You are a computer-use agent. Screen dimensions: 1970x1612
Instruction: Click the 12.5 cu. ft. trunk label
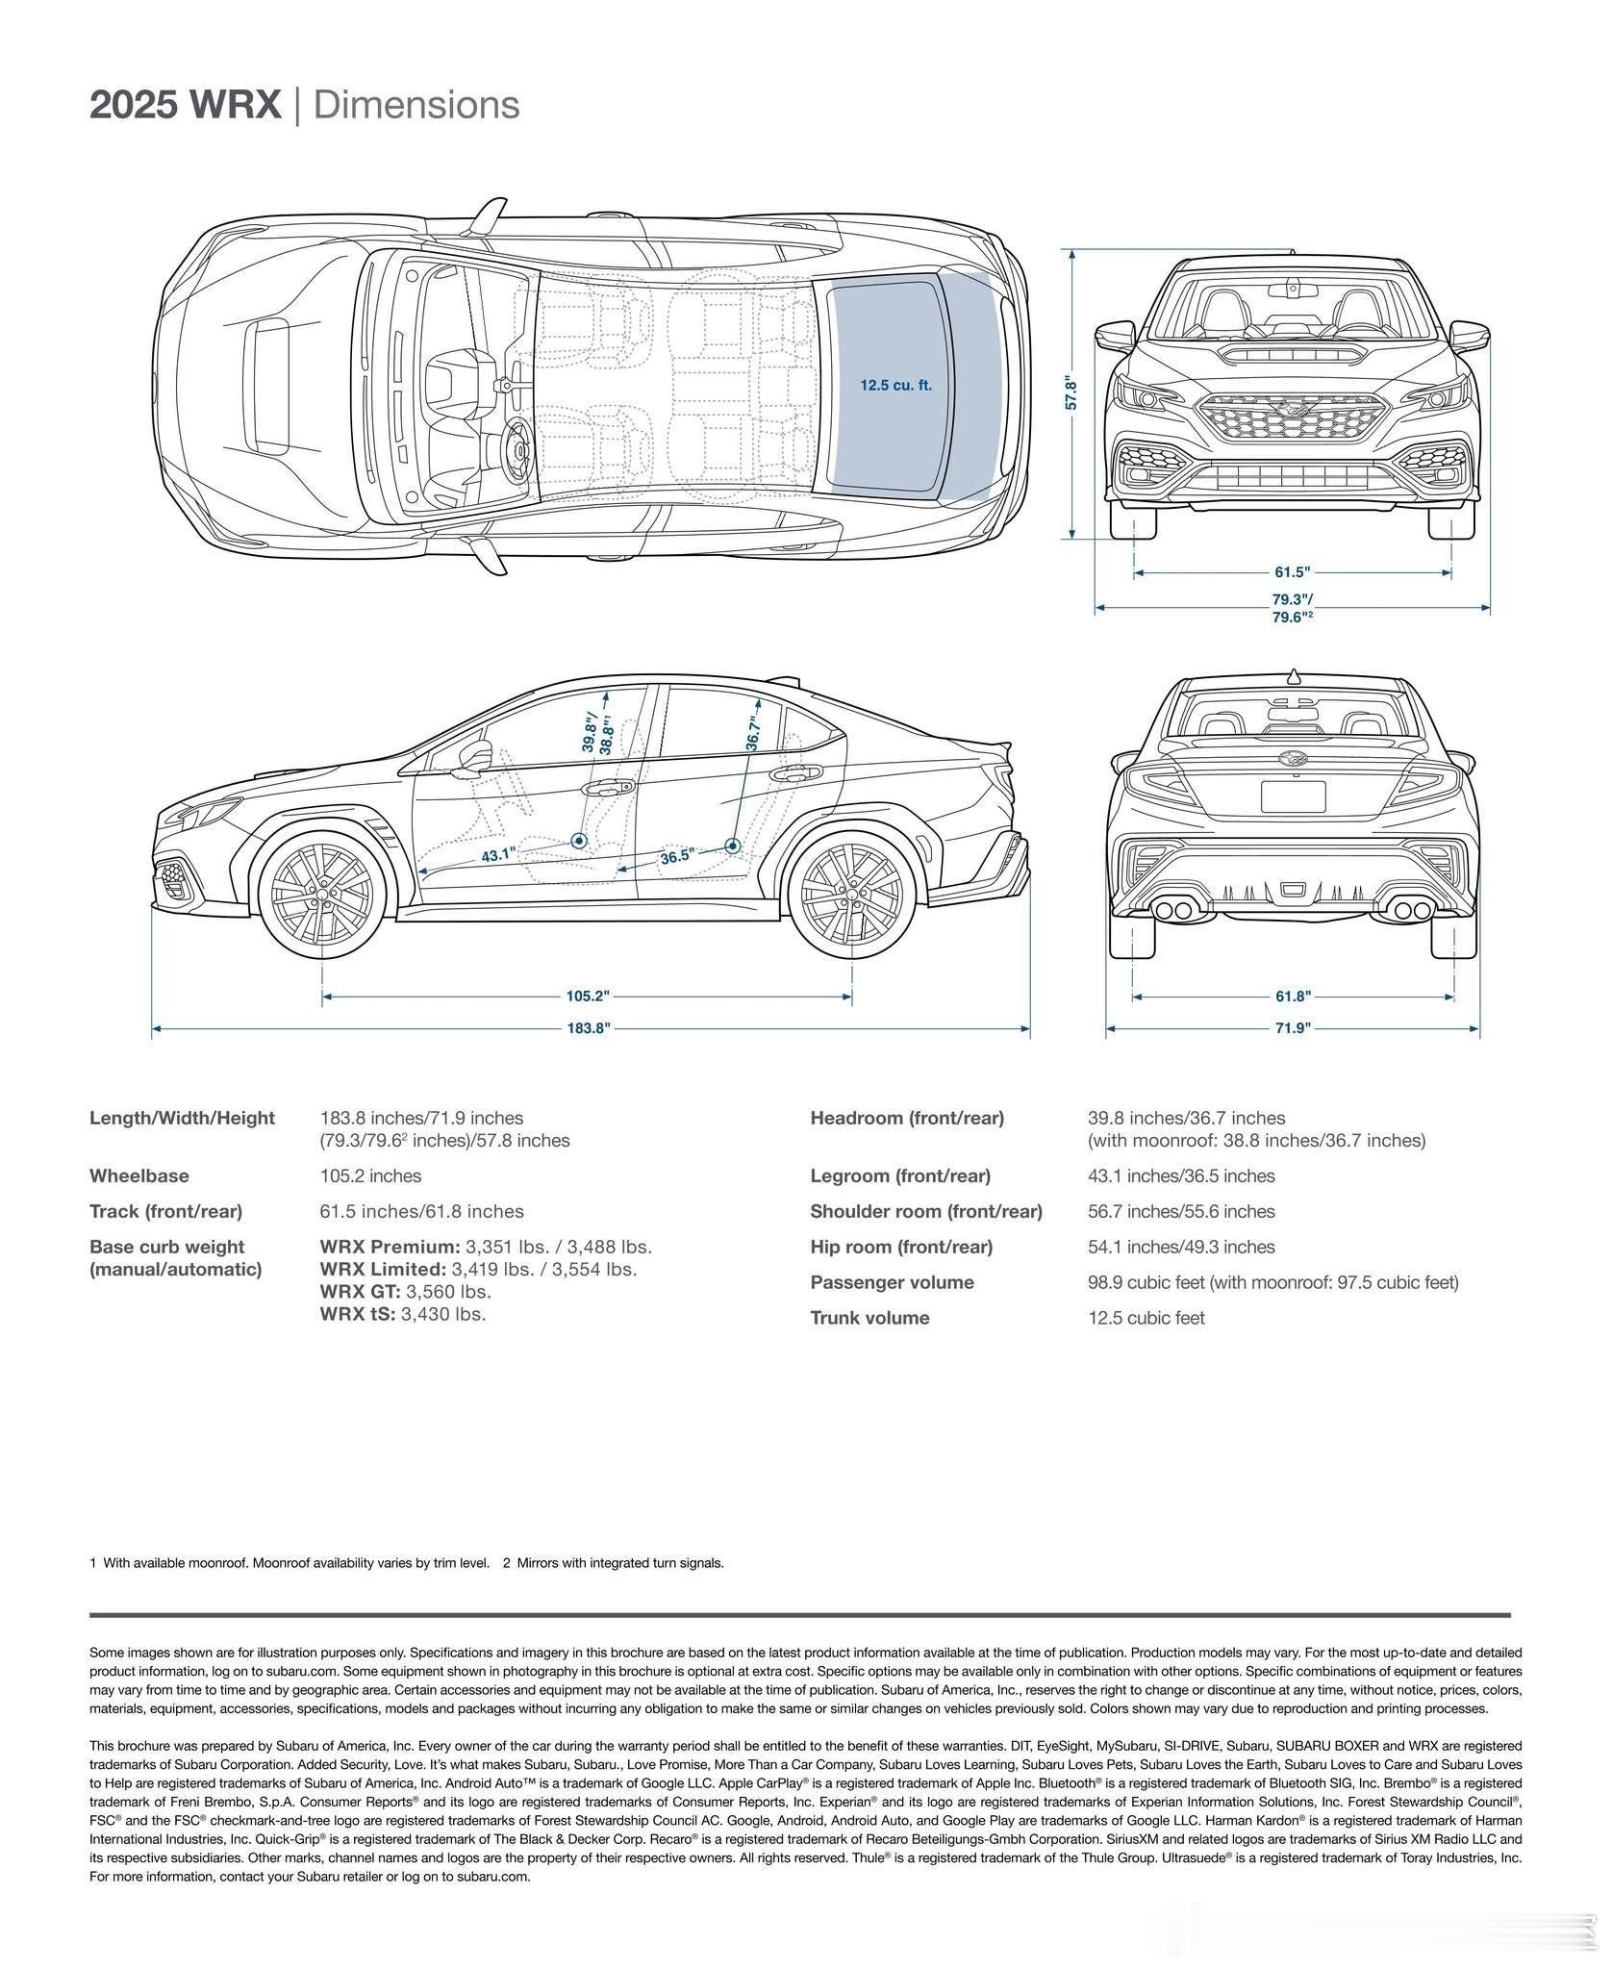point(895,386)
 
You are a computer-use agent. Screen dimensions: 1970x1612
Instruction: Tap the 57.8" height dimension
point(1071,393)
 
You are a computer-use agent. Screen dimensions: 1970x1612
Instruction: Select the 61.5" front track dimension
point(1292,572)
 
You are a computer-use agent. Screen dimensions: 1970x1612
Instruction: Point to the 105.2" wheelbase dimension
point(588,996)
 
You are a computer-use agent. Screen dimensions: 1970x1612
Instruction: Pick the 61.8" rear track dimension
point(1293,997)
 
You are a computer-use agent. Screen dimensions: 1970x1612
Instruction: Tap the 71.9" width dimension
point(1293,1028)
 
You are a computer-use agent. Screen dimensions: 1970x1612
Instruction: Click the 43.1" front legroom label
point(499,853)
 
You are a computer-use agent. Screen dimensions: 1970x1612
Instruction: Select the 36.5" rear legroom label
point(676,856)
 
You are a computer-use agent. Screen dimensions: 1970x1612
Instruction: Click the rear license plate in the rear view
point(1293,797)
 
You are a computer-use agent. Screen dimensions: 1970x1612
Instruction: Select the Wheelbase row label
point(139,1175)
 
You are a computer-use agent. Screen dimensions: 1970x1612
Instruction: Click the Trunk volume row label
point(869,1318)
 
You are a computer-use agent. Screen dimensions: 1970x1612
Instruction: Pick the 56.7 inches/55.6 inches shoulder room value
point(1181,1211)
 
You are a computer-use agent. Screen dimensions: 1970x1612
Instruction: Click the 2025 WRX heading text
point(186,105)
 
